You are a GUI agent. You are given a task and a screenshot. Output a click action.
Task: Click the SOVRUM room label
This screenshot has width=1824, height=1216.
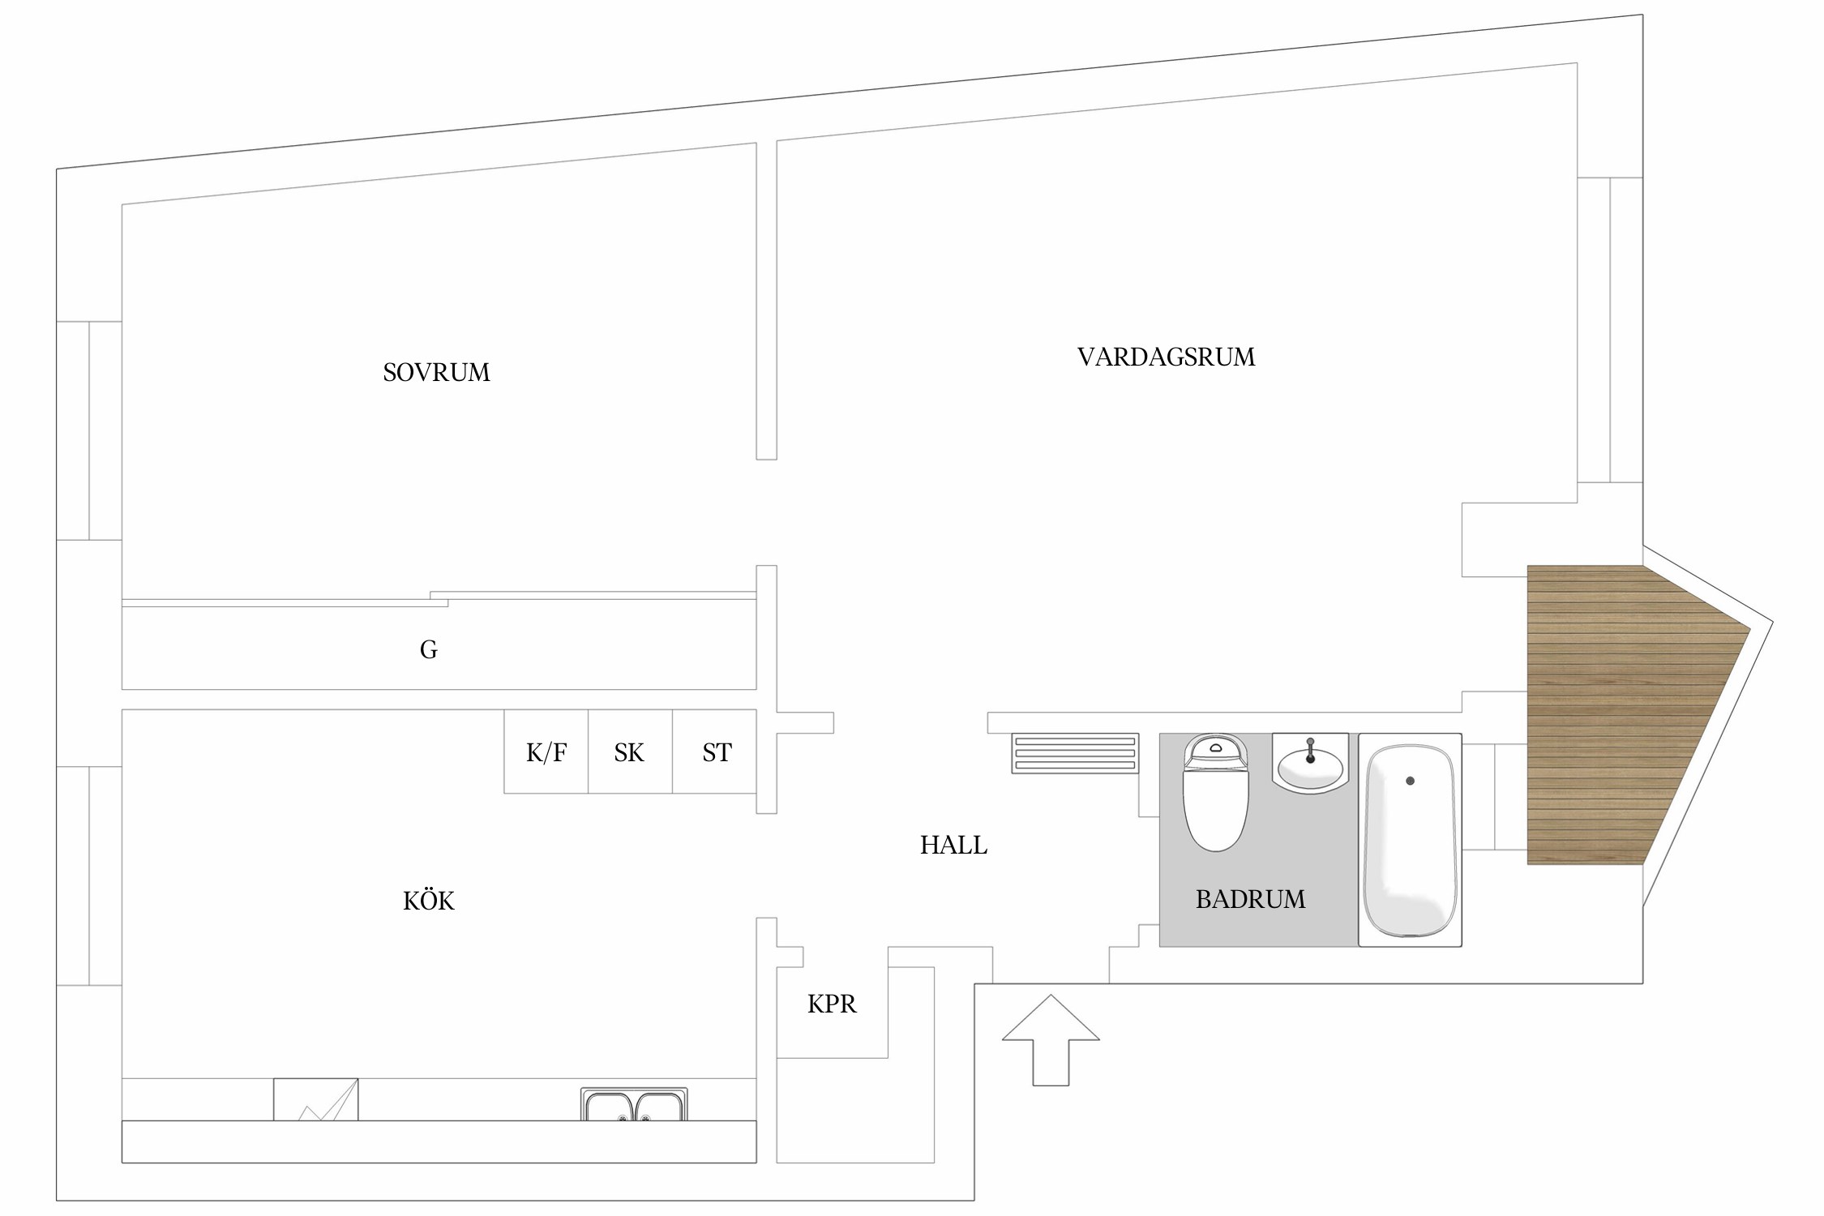coord(436,372)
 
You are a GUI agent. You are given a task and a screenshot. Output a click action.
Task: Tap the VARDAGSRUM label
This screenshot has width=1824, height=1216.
coord(1166,357)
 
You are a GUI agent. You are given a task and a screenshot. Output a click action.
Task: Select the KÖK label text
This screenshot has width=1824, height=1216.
coord(429,900)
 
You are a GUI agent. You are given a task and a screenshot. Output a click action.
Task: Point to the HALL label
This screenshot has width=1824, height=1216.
coord(953,846)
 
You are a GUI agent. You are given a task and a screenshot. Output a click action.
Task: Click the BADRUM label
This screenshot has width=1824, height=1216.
coord(1250,899)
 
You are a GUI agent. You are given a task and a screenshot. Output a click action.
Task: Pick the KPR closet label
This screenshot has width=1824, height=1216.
coord(832,1004)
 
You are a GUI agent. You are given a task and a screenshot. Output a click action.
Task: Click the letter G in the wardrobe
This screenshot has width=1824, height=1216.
coord(429,649)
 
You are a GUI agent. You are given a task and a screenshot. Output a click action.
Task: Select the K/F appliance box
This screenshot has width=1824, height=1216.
coord(546,751)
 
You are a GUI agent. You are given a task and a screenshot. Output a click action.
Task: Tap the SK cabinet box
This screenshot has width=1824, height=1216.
coord(631,751)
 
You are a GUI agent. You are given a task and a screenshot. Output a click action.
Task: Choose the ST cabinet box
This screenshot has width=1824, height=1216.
coord(715,751)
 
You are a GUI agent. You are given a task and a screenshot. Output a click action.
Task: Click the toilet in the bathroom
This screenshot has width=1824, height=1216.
coord(1215,792)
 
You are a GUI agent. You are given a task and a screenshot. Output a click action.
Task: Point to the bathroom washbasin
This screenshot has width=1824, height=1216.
coord(1310,763)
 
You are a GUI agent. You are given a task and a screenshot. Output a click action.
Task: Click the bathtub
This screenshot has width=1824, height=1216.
coord(1410,840)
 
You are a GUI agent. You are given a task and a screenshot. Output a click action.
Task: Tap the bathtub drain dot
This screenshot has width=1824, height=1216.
coord(1411,781)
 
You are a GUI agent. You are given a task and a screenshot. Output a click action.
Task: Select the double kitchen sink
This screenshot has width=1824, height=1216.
coord(634,1104)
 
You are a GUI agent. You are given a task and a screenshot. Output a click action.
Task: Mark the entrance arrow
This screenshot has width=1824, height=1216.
coord(1051,1040)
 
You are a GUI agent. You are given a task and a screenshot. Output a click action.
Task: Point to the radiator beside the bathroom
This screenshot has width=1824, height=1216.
coord(1075,753)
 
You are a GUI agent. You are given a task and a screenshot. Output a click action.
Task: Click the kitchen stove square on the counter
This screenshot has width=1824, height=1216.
coord(315,1099)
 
